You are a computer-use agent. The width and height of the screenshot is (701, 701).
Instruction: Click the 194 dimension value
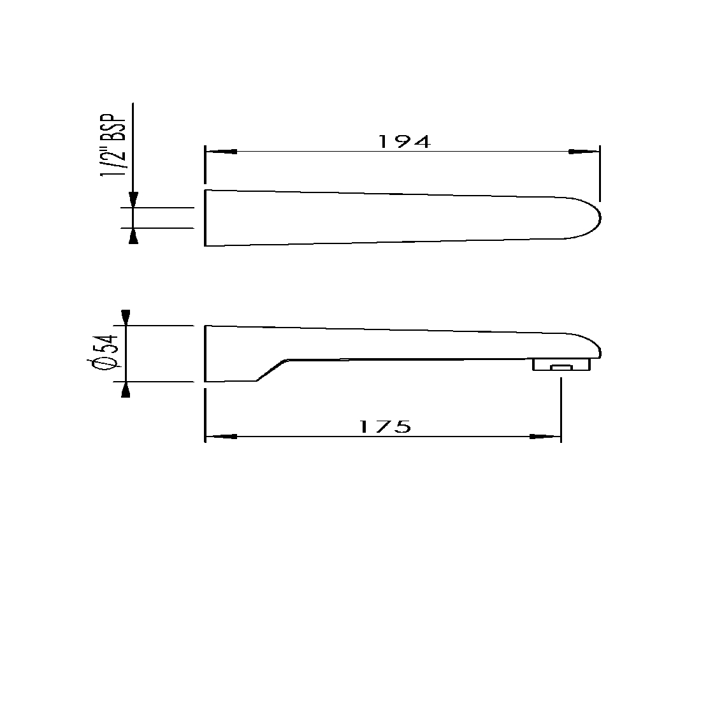click(x=405, y=141)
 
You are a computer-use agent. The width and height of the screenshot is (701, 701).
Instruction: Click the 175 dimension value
click(x=385, y=426)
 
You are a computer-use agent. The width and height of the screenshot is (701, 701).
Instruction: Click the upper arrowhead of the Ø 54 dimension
click(x=126, y=317)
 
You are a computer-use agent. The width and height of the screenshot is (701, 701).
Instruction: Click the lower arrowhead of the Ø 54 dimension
click(x=126, y=390)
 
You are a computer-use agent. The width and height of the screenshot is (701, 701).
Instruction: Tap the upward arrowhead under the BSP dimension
click(x=133, y=236)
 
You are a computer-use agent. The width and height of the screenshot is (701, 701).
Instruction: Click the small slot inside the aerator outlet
click(x=561, y=368)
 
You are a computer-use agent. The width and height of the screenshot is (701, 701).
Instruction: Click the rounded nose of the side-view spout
click(x=598, y=347)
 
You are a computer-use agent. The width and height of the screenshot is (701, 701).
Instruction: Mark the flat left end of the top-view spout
click(x=205, y=217)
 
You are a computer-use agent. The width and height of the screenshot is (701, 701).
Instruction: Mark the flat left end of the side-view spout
click(x=205, y=354)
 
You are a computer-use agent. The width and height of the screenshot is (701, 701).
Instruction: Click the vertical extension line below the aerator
click(x=561, y=408)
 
